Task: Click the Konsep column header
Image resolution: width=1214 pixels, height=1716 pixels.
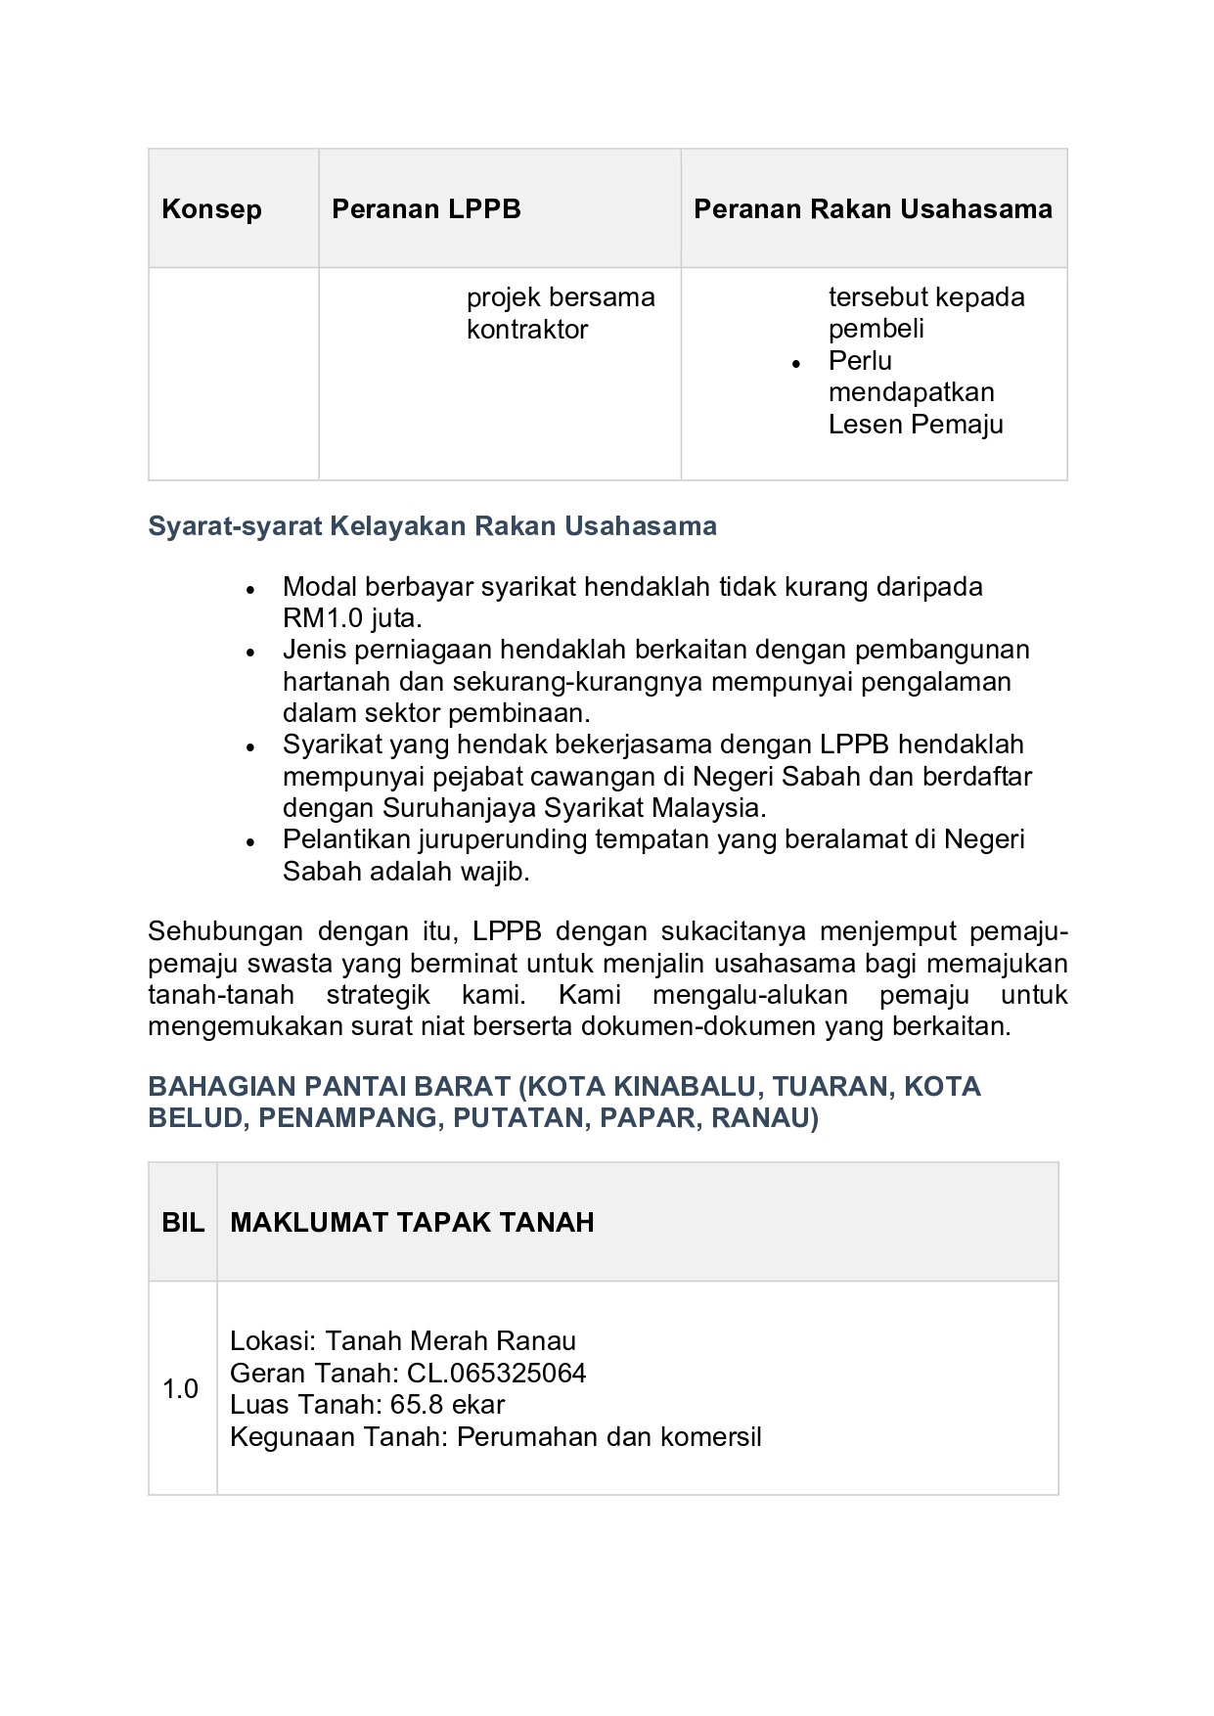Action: [x=211, y=209]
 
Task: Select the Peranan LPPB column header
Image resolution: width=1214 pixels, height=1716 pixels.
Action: [x=426, y=209]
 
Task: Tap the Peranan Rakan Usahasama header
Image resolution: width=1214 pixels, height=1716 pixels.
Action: [x=873, y=209]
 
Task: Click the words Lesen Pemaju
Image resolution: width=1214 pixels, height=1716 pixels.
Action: [x=915, y=425]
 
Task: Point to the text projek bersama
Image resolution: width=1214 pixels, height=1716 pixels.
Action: [x=560, y=297]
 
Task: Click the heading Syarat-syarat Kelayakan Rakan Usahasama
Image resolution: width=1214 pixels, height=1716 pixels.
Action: [x=431, y=526]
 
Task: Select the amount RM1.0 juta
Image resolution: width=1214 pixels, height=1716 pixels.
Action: [x=352, y=618]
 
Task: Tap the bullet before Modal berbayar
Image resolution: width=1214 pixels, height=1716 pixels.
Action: [x=251, y=590]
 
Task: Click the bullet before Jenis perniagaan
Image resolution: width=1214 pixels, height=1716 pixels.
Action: [x=251, y=653]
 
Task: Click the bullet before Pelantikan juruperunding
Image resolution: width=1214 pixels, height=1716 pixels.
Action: [x=251, y=842]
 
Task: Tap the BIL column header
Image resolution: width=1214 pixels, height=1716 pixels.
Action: [x=183, y=1223]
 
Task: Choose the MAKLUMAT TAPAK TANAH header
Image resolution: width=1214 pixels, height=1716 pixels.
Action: [x=412, y=1223]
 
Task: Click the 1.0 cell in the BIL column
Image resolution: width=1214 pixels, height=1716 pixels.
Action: [x=181, y=1389]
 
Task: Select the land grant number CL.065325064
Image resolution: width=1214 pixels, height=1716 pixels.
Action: [x=497, y=1374]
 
